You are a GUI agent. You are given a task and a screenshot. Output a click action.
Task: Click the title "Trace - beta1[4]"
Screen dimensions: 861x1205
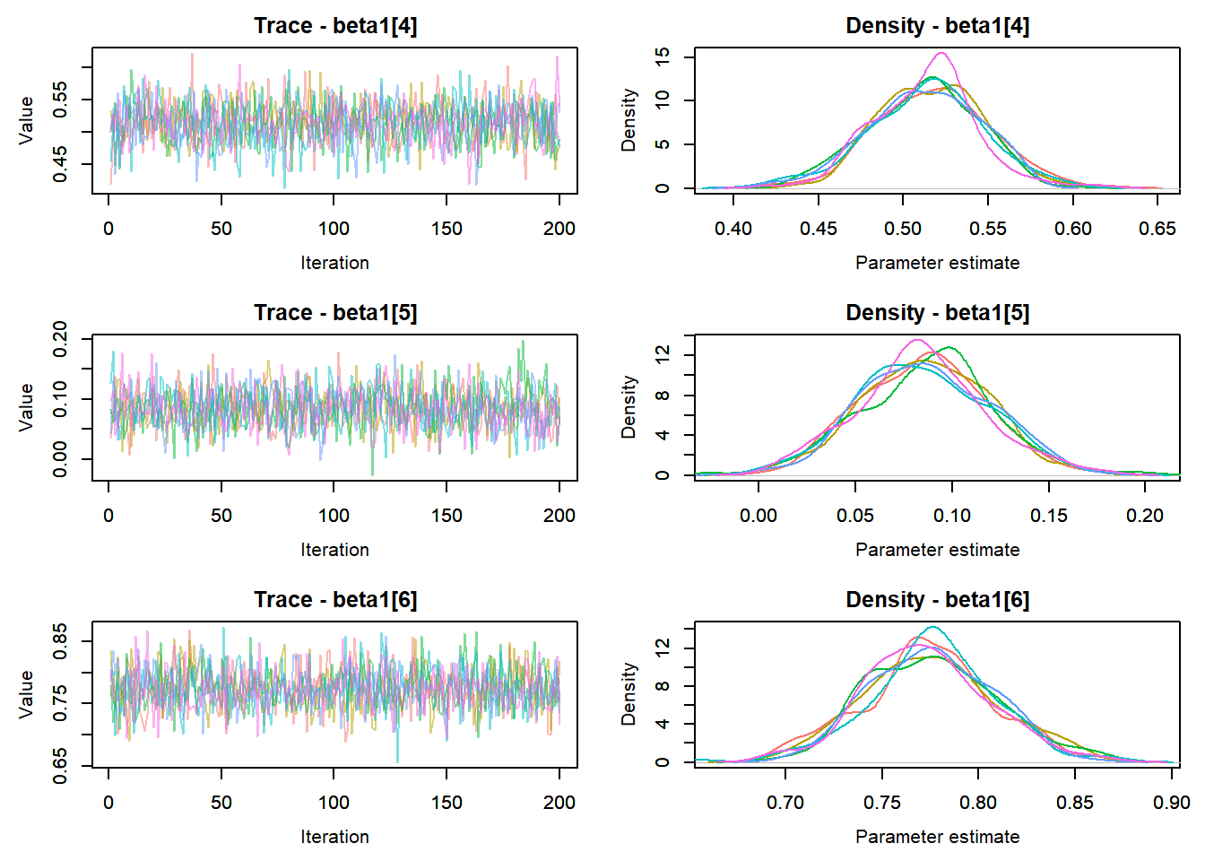click(335, 26)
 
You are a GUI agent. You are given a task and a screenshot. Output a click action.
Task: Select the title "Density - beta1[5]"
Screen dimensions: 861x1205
click(937, 313)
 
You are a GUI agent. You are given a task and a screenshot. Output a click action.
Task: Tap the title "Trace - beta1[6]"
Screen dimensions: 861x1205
click(335, 600)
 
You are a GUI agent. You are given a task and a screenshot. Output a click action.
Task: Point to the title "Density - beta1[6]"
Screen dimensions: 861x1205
click(937, 600)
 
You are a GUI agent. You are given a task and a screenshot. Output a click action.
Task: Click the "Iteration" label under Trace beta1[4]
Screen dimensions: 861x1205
click(334, 263)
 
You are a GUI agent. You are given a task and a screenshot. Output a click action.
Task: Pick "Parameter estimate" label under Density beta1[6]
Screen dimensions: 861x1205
click(937, 837)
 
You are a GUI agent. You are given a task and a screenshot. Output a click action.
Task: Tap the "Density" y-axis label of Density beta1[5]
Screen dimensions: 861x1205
click(629, 406)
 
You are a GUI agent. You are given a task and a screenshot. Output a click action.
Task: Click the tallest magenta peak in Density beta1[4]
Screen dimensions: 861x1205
click(941, 53)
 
